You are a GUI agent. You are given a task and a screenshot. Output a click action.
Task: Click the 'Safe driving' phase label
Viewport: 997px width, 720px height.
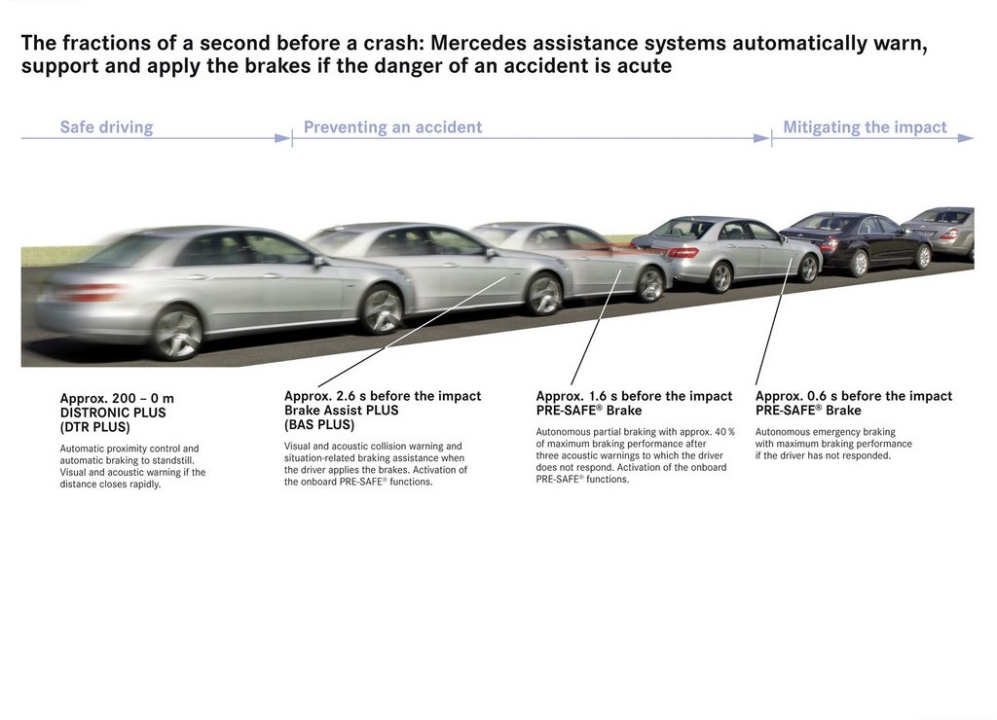click(106, 127)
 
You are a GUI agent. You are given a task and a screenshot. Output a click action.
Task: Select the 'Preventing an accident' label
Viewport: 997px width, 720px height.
click(393, 127)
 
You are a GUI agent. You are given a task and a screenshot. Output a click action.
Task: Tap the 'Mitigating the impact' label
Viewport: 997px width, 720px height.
click(865, 127)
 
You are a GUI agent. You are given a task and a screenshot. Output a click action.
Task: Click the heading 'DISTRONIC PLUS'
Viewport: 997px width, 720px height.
click(113, 413)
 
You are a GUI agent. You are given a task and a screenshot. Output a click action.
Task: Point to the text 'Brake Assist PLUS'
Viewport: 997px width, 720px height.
click(342, 411)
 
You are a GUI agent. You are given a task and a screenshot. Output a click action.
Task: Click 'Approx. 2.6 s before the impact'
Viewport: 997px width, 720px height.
click(383, 396)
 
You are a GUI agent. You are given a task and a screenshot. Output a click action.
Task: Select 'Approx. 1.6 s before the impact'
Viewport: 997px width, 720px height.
click(634, 396)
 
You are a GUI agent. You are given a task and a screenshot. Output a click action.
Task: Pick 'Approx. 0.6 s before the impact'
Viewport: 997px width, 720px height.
click(854, 396)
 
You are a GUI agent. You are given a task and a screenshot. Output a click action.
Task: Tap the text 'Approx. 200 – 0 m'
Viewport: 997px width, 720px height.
click(117, 399)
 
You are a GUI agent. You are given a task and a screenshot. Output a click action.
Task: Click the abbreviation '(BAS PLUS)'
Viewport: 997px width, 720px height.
click(319, 425)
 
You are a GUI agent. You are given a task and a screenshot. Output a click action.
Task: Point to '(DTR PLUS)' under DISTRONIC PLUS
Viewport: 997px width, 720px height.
click(94, 427)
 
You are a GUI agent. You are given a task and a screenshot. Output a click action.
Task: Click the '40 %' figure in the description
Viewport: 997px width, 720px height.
click(724, 431)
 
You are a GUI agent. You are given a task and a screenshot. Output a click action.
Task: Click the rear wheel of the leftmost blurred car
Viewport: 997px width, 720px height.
click(177, 333)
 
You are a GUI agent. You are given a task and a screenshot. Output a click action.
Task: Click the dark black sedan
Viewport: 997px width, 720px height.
click(856, 241)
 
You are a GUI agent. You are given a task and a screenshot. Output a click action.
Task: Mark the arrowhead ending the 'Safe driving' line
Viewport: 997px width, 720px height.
click(283, 138)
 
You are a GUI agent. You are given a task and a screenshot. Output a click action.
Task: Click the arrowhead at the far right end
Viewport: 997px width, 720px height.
click(965, 138)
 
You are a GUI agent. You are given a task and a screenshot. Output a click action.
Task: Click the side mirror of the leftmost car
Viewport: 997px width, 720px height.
click(318, 261)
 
